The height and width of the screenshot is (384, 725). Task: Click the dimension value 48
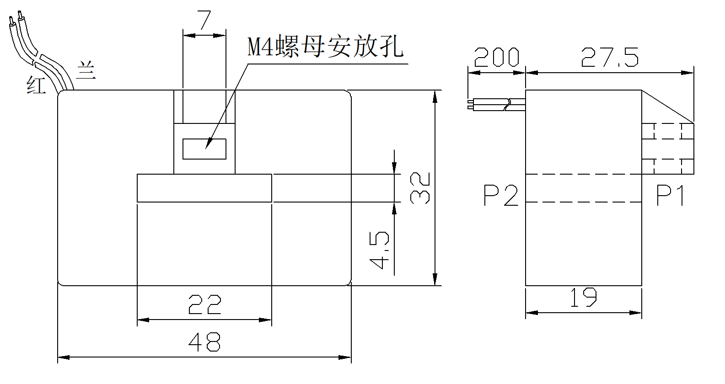click(204, 341)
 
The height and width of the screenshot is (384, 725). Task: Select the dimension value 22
click(204, 304)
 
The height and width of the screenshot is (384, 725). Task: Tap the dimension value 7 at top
click(204, 21)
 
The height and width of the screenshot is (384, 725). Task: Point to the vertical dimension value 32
click(420, 188)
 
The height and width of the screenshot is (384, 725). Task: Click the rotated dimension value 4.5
click(379, 250)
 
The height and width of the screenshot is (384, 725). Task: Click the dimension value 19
click(584, 298)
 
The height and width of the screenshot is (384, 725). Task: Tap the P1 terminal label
click(671, 196)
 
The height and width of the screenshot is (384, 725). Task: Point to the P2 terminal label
click(501, 196)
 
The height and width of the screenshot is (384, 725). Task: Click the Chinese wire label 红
click(36, 85)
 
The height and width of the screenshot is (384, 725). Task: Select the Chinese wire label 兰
click(86, 71)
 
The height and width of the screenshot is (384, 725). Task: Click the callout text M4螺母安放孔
click(325, 47)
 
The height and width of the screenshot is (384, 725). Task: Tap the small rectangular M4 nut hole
click(204, 149)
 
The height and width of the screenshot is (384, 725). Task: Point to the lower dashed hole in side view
click(668, 167)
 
